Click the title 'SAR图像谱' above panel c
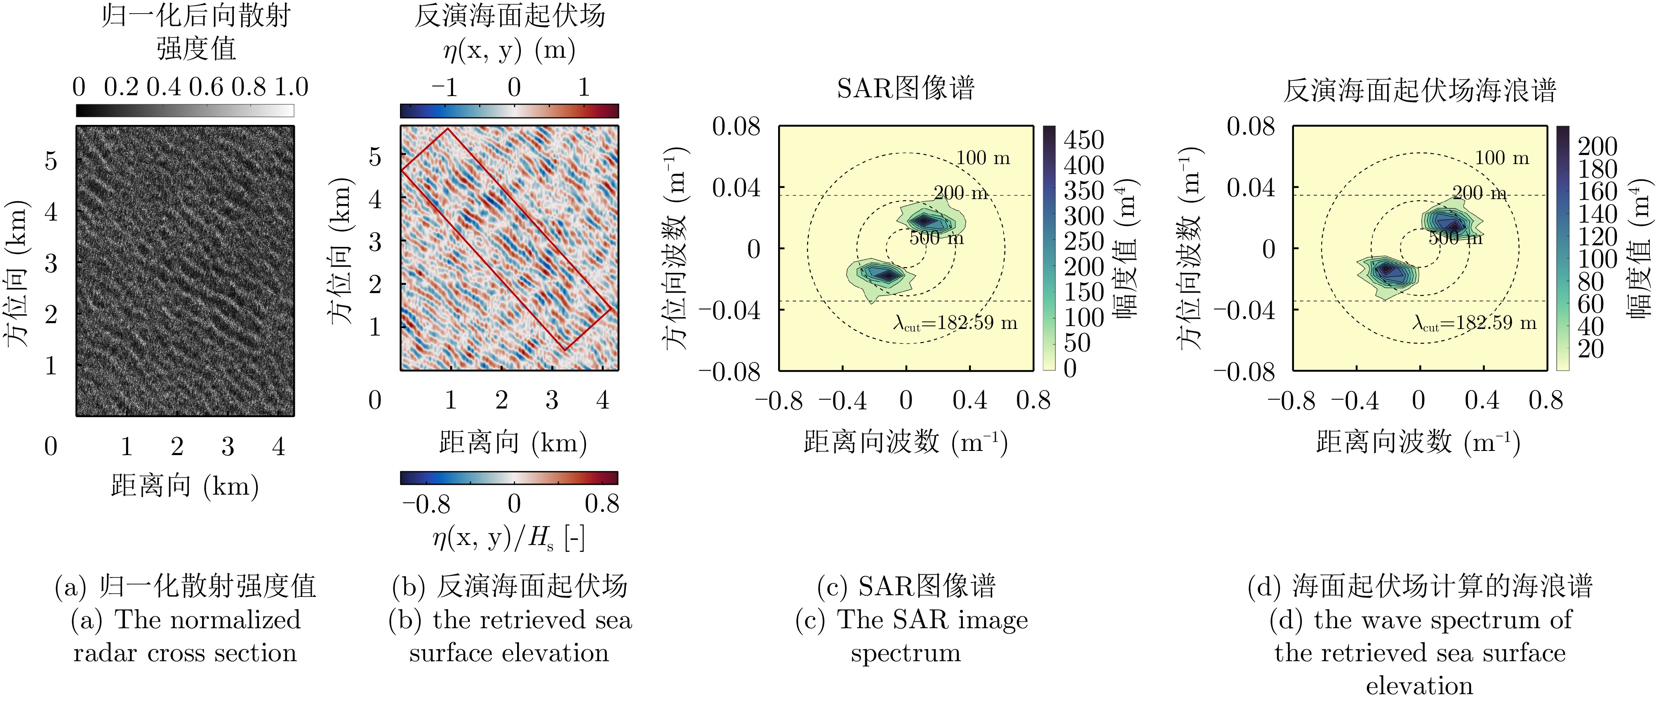click(905, 88)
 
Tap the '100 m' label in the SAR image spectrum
click(983, 157)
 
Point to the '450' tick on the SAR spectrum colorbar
click(1084, 139)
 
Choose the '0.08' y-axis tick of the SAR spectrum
click(736, 127)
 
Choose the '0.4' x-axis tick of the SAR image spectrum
click(969, 401)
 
